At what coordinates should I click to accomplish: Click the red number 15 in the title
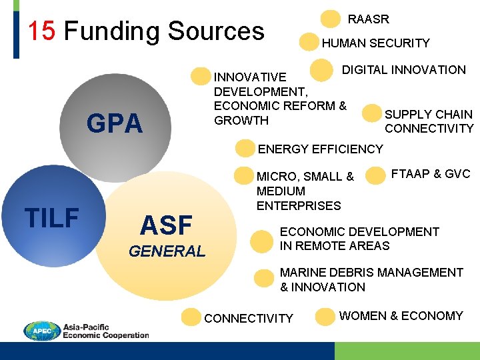tap(41, 31)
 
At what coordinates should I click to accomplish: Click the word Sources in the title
tap(216, 31)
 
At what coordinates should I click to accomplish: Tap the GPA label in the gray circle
tap(115, 123)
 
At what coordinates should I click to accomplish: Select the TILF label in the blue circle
tap(51, 217)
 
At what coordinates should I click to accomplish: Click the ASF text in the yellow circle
tap(166, 225)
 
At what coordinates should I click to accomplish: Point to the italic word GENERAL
tap(167, 251)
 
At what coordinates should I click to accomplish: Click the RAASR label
tap(369, 19)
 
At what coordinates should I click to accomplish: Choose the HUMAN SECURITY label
tap(376, 43)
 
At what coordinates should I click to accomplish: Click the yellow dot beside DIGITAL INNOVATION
tap(322, 69)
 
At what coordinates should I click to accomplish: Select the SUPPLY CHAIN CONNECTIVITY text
tap(429, 121)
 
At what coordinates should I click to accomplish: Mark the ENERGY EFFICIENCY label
tap(321, 149)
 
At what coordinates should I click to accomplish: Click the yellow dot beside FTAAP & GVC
tap(376, 175)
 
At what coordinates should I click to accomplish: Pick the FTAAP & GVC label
tap(431, 174)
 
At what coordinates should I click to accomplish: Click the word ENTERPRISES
tap(299, 205)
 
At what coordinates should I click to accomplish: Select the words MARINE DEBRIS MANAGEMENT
tap(371, 273)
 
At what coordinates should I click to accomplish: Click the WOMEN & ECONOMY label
tap(401, 316)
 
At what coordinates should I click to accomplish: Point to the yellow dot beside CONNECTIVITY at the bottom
tap(191, 317)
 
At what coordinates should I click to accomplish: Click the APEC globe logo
tap(42, 331)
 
